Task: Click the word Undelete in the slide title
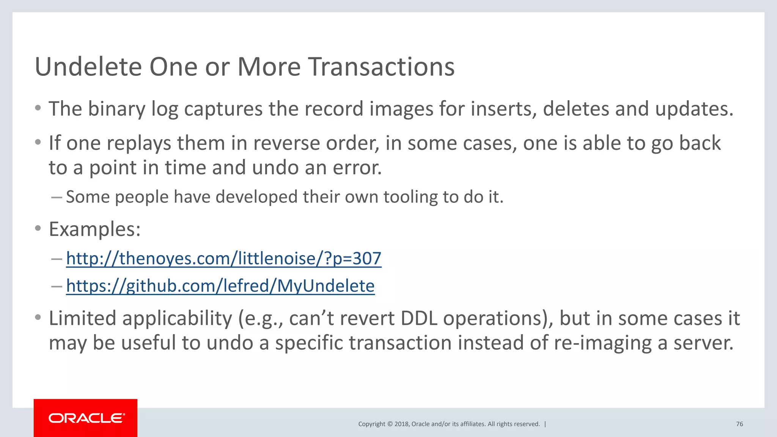(x=88, y=67)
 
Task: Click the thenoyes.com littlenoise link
(x=223, y=259)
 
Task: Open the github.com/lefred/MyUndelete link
(x=220, y=286)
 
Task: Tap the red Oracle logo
(x=86, y=418)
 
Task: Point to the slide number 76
(x=739, y=424)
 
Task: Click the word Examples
(x=94, y=229)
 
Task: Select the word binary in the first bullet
(x=116, y=109)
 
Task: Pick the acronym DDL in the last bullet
(x=419, y=318)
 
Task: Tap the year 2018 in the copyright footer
(x=401, y=424)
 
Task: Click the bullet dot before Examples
(x=38, y=228)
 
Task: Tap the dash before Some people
(x=56, y=197)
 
